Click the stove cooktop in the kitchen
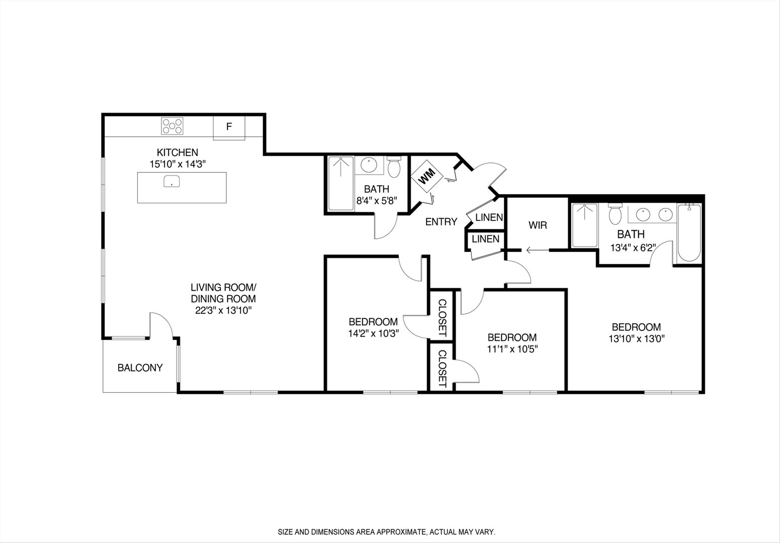click(172, 126)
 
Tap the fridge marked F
click(229, 127)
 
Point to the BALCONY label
click(140, 368)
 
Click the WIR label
click(538, 225)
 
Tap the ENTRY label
click(441, 222)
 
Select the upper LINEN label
click(489, 218)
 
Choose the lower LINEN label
click(485, 239)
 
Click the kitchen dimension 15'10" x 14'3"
click(178, 163)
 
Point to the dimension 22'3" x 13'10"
click(223, 310)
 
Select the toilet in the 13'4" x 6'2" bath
click(615, 215)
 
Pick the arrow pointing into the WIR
click(536, 249)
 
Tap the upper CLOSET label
click(442, 318)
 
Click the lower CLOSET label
click(442, 369)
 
